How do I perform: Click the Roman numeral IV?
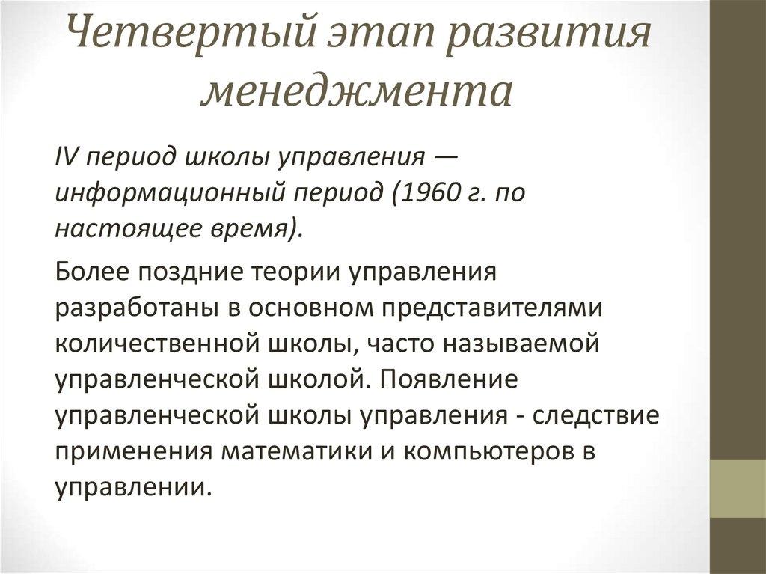click(64, 158)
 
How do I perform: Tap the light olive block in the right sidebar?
click(737, 489)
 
